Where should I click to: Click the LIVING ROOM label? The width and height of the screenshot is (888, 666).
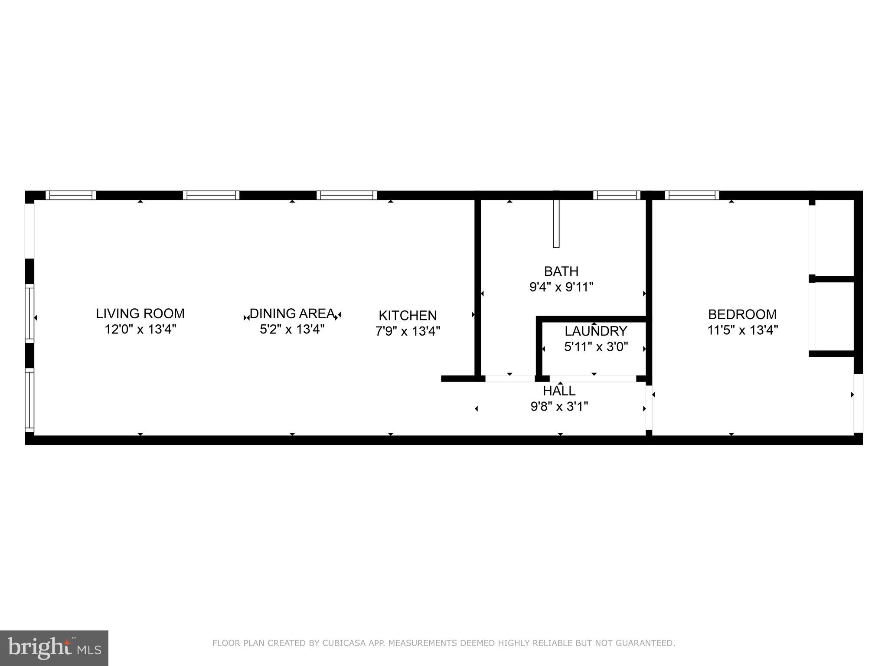point(140,313)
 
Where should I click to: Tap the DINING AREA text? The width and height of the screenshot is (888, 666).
point(292,313)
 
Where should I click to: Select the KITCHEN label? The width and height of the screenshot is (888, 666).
point(408,315)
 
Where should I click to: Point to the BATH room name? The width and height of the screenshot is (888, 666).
point(561,271)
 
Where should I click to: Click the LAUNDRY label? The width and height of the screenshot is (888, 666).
point(596,331)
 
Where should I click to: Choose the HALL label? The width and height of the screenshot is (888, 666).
point(559,391)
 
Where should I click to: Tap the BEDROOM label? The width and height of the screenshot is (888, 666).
point(742,314)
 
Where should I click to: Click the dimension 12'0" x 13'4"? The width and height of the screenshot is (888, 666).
point(140,330)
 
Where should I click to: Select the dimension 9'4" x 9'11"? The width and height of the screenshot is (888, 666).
point(561,287)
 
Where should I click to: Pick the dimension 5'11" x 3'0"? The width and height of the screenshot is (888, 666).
point(596,347)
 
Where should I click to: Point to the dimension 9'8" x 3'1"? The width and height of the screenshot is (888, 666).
point(559,407)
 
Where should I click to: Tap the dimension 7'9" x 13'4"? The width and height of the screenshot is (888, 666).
point(408,331)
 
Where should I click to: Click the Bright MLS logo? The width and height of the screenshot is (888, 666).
point(54,648)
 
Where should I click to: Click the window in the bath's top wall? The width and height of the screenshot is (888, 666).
point(617,196)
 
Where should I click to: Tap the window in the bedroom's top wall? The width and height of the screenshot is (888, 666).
point(692,196)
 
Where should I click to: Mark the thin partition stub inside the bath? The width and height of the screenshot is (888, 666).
point(556,224)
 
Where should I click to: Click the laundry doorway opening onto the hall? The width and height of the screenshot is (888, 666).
point(593,379)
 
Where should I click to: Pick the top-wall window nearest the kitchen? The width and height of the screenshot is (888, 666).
point(346,196)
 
